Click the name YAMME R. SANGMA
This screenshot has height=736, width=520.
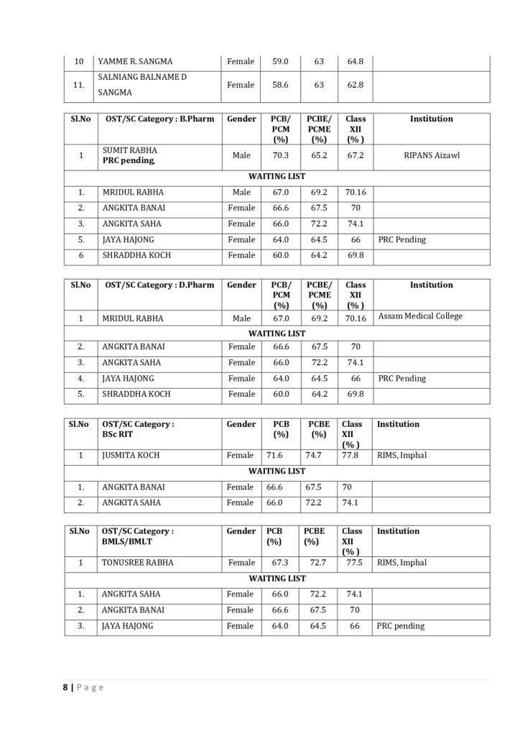[x=135, y=62]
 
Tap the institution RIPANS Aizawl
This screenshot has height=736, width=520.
[x=431, y=155]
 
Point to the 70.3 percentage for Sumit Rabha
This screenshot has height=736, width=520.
[x=280, y=155]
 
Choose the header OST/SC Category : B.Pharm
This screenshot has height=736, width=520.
[x=159, y=119]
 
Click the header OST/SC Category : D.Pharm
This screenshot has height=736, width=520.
[x=159, y=285]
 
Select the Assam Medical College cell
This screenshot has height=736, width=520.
[x=420, y=316]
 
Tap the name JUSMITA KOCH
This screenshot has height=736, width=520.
[x=131, y=455]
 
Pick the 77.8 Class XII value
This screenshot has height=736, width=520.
[x=351, y=455]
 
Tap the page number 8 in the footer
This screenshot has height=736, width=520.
[x=65, y=687]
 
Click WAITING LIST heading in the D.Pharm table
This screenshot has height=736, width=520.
[x=277, y=333]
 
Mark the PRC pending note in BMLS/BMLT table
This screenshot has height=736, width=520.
[x=401, y=626]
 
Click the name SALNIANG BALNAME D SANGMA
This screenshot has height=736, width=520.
[x=141, y=85]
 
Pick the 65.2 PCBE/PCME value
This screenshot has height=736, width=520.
[x=319, y=155]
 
